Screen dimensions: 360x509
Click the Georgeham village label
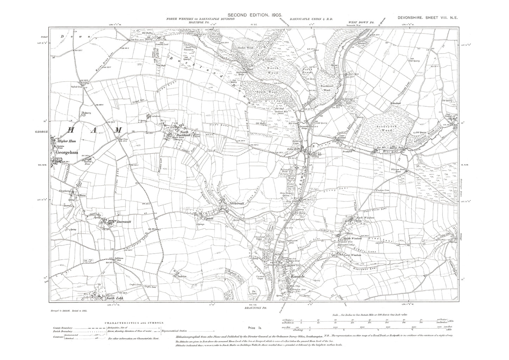pos(65,153)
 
